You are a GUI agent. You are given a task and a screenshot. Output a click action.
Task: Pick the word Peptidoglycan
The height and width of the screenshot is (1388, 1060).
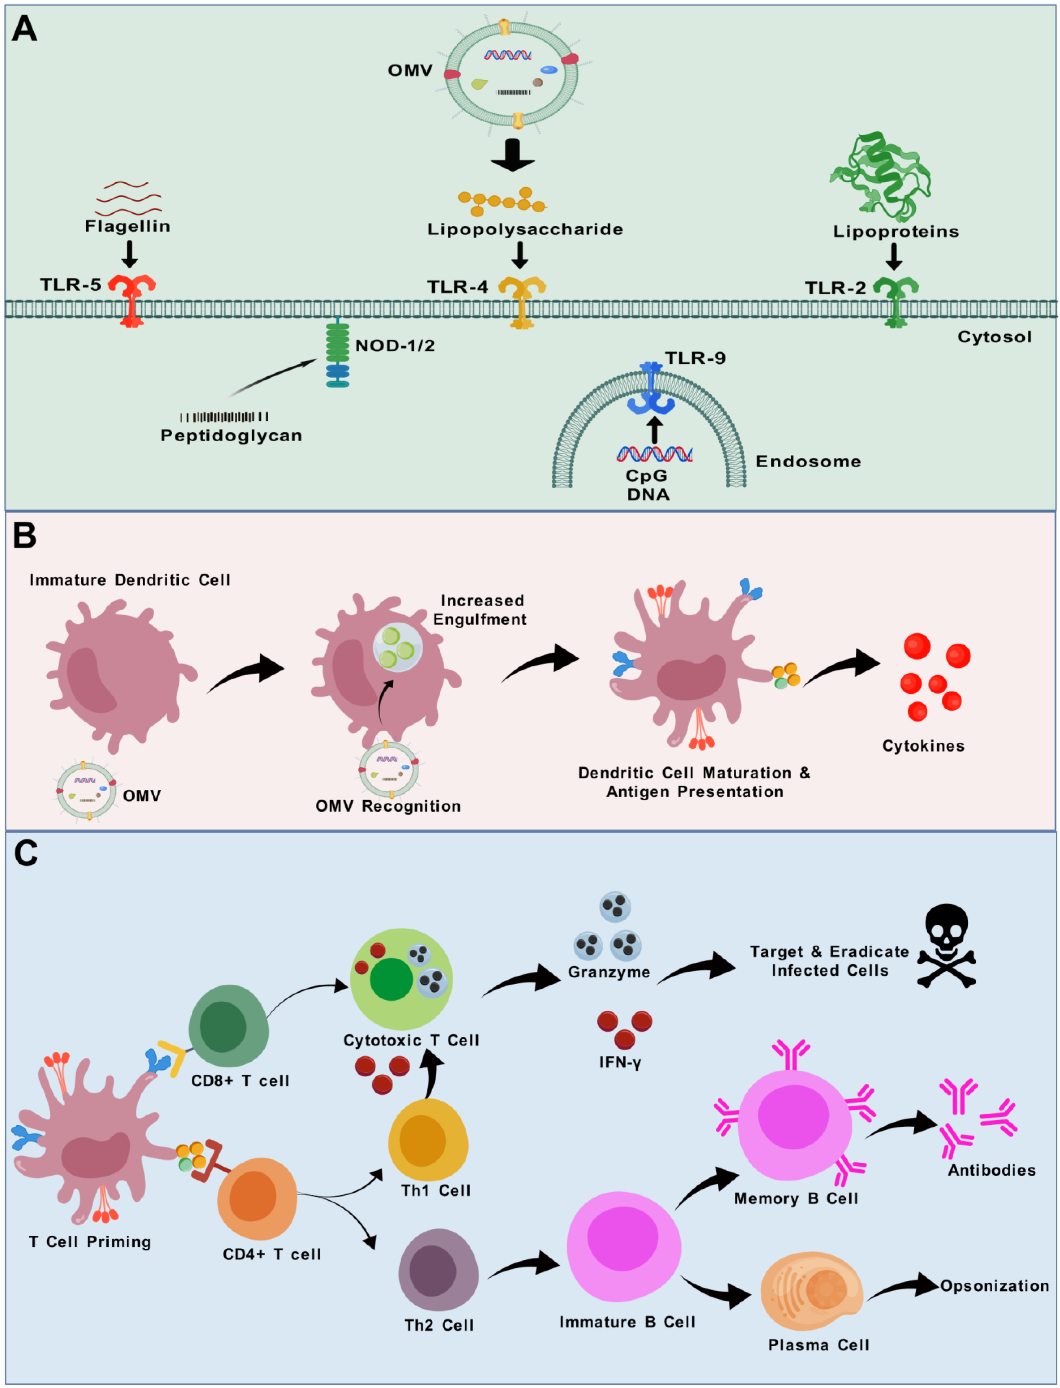click(231, 436)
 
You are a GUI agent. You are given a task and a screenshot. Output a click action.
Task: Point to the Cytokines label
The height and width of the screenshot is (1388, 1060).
click(923, 746)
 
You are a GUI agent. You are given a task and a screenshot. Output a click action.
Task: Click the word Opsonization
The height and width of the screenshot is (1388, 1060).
click(994, 1286)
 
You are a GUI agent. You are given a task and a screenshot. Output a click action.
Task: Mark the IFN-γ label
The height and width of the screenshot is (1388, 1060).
click(620, 1063)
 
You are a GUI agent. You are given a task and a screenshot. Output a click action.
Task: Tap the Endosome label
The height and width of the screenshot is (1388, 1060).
click(808, 462)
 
